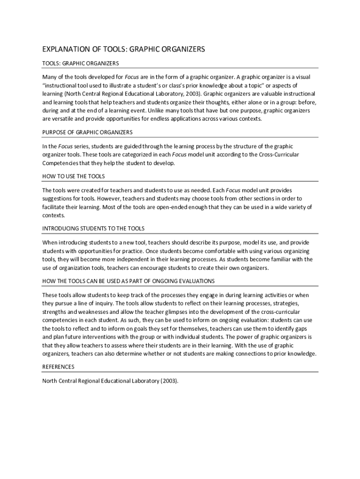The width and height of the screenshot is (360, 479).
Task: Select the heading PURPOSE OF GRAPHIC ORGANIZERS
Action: [87, 132]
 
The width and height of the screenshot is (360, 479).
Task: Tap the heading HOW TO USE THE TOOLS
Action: [73, 176]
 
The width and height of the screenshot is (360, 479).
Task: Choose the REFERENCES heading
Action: [58, 367]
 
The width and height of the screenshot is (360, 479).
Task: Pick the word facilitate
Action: [54, 207]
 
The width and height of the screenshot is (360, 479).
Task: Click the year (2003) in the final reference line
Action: [169, 381]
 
